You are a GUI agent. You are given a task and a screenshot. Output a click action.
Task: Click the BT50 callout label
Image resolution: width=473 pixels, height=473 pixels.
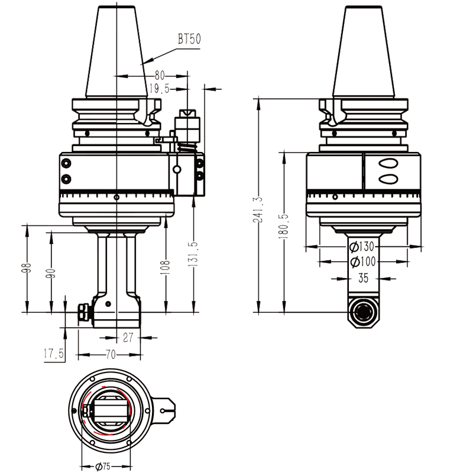pos(190,40)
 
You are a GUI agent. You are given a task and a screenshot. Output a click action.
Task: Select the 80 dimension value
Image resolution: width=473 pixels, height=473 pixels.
pos(160,76)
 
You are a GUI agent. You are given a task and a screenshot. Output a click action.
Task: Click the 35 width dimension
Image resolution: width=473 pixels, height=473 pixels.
pos(363,278)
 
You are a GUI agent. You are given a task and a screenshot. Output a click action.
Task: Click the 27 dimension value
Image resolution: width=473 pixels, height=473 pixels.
pos(128,337)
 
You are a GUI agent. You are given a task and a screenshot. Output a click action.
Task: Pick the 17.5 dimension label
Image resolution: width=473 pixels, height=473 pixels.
pos(54,354)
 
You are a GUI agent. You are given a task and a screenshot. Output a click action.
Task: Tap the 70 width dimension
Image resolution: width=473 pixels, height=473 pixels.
pos(110,354)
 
